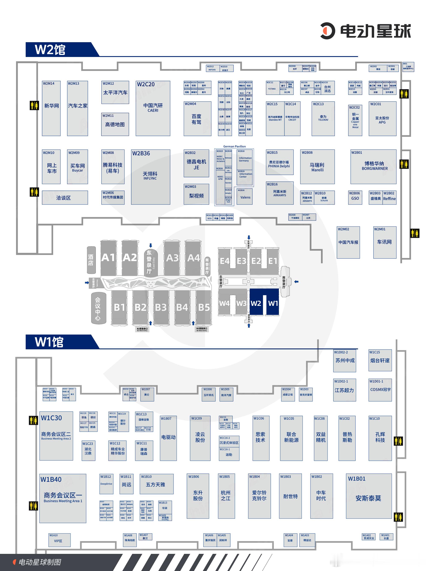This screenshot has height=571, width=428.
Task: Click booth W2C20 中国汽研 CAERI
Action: click(x=153, y=108)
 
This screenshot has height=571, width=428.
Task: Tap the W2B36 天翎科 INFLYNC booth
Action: click(x=150, y=177)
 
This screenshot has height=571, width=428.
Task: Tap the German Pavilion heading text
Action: click(x=234, y=146)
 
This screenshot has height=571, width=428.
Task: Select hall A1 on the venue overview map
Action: click(x=108, y=258)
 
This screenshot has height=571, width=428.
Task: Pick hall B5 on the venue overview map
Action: click(x=204, y=307)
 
